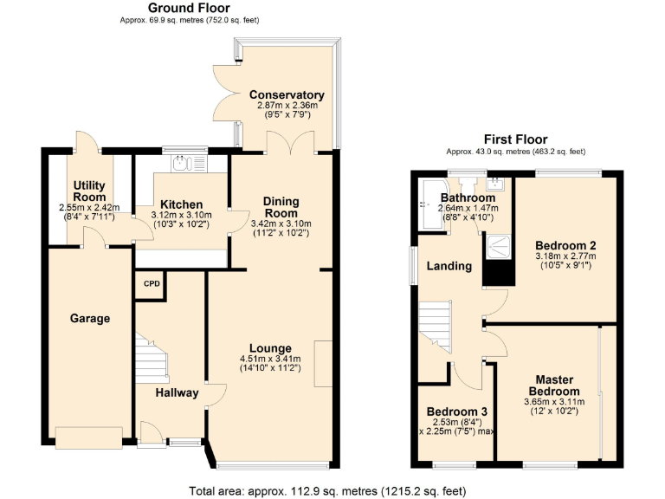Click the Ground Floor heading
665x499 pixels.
click(x=189, y=8)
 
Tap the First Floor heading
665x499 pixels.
click(x=516, y=139)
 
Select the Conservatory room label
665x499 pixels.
click(x=287, y=95)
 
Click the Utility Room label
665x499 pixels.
click(x=89, y=191)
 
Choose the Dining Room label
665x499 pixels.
click(x=281, y=207)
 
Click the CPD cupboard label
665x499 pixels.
click(x=152, y=284)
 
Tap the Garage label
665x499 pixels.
click(x=90, y=319)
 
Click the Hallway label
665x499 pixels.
click(x=177, y=393)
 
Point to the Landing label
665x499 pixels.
click(x=449, y=266)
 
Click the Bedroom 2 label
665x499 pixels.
click(x=565, y=245)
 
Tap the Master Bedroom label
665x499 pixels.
click(x=555, y=386)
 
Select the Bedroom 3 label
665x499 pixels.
click(x=456, y=412)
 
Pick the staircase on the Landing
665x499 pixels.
click(x=436, y=321)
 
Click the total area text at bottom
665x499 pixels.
click(x=332, y=490)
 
